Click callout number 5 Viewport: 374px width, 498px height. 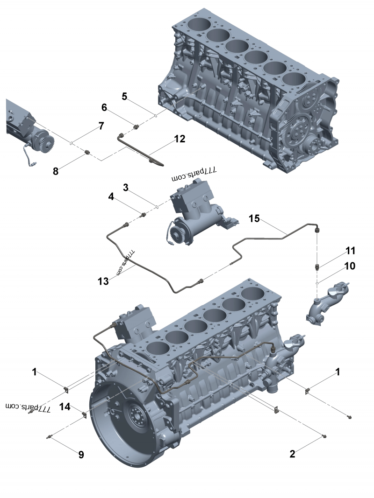tap(124, 96)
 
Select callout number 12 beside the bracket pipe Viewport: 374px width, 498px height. tap(180, 139)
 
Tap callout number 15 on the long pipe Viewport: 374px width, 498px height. tap(254, 218)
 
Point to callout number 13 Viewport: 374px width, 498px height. tap(103, 281)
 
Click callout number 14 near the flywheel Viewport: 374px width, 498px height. tap(65, 407)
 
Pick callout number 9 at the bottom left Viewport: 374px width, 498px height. tap(81, 455)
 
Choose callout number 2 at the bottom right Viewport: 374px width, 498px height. tap(292, 454)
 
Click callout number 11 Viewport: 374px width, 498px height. tap(350, 251)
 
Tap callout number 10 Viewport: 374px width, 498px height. tap(350, 266)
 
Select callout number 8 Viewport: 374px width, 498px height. tap(56, 171)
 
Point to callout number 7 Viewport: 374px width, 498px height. tap(101, 126)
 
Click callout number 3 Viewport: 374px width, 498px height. tap(126, 188)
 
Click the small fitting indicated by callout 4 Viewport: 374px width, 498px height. tap(144, 215)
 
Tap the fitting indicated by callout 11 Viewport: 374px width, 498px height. tap(317, 267)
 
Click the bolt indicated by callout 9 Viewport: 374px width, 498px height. tap(49, 437)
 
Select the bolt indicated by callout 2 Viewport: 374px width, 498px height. tap(324, 436)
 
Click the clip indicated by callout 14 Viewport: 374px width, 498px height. tap(85, 415)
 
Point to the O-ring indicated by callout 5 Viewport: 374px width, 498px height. tap(155, 115)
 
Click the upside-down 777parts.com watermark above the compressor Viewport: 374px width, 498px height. tap(194, 174)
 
